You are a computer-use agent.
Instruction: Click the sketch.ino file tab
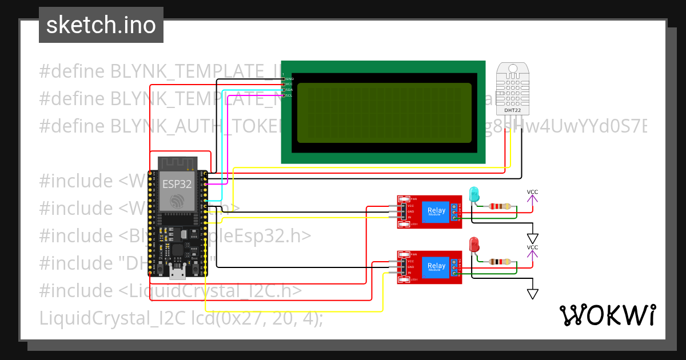pos(101,25)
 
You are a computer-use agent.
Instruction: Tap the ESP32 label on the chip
pos(177,184)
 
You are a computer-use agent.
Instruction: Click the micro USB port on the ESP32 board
pos(177,274)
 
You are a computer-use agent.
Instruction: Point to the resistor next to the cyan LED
pos(501,207)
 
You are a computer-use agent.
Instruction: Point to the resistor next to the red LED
pos(501,262)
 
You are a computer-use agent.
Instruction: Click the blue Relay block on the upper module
pos(436,213)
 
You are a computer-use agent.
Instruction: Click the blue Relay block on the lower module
pos(436,266)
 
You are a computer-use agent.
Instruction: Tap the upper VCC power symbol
pos(532,197)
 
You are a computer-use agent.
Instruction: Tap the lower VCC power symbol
pos(532,252)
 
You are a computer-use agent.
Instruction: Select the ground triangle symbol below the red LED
pos(533,293)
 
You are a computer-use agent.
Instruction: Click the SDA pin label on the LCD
pos(289,90)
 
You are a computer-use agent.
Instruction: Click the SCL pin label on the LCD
pos(289,95)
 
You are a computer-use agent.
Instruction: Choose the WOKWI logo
pos(607,315)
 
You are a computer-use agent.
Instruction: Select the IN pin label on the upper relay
pos(410,218)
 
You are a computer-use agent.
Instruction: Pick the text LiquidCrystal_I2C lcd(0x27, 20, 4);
pos(181,318)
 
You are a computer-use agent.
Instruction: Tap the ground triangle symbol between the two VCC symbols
pos(533,238)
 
